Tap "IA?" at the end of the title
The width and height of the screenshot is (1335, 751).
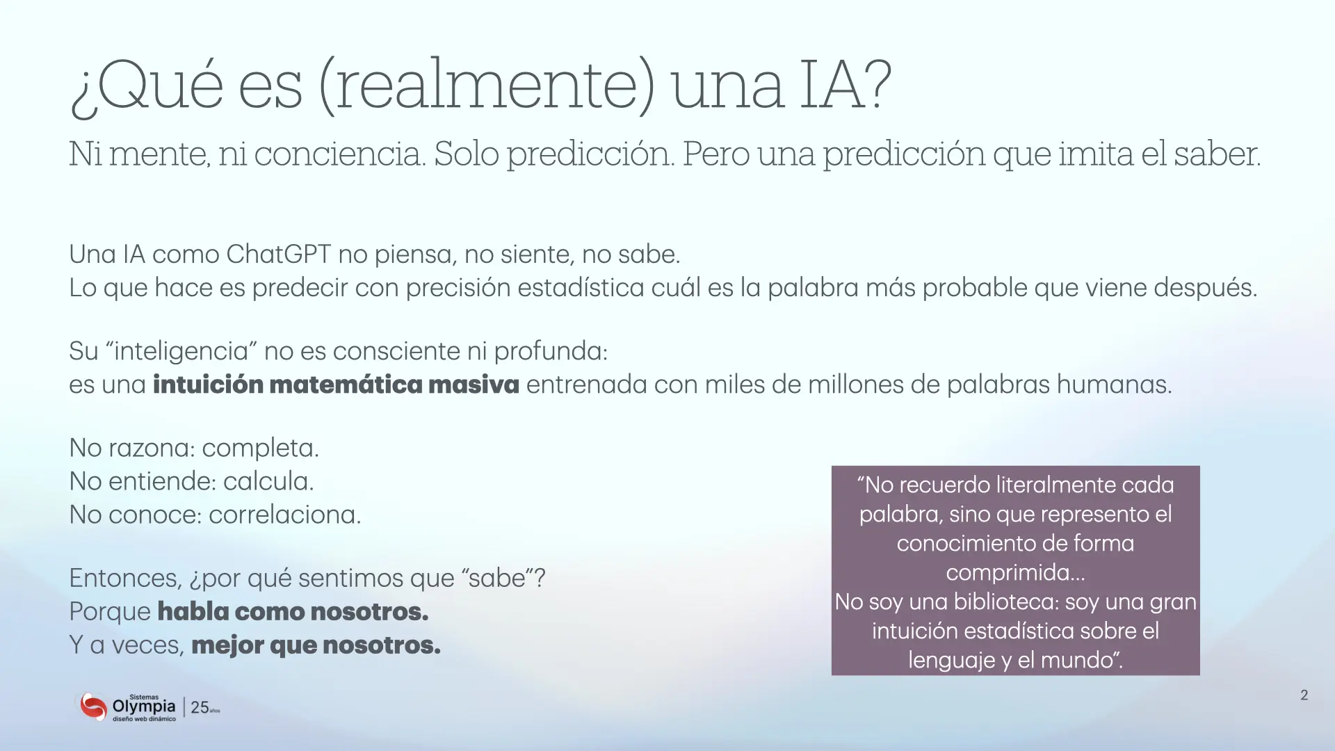(845, 85)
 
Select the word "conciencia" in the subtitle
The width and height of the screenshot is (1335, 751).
(339, 154)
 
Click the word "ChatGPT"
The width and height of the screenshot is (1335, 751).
(279, 255)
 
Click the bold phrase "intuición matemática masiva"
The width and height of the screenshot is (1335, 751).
(336, 385)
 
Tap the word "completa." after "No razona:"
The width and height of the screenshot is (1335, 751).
(261, 449)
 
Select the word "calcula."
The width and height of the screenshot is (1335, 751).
(268, 481)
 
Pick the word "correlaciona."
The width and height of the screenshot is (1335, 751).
(285, 515)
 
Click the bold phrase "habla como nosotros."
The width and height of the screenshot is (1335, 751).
(293, 612)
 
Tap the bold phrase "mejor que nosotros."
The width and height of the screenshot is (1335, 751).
(316, 645)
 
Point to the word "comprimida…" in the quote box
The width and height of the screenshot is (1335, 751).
(1015, 573)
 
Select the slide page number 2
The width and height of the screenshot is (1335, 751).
(1304, 695)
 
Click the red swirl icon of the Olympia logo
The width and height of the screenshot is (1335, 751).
(92, 706)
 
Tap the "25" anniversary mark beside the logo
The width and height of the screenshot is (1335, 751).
(200, 707)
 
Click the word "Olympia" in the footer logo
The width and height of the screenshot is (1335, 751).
(144, 707)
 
